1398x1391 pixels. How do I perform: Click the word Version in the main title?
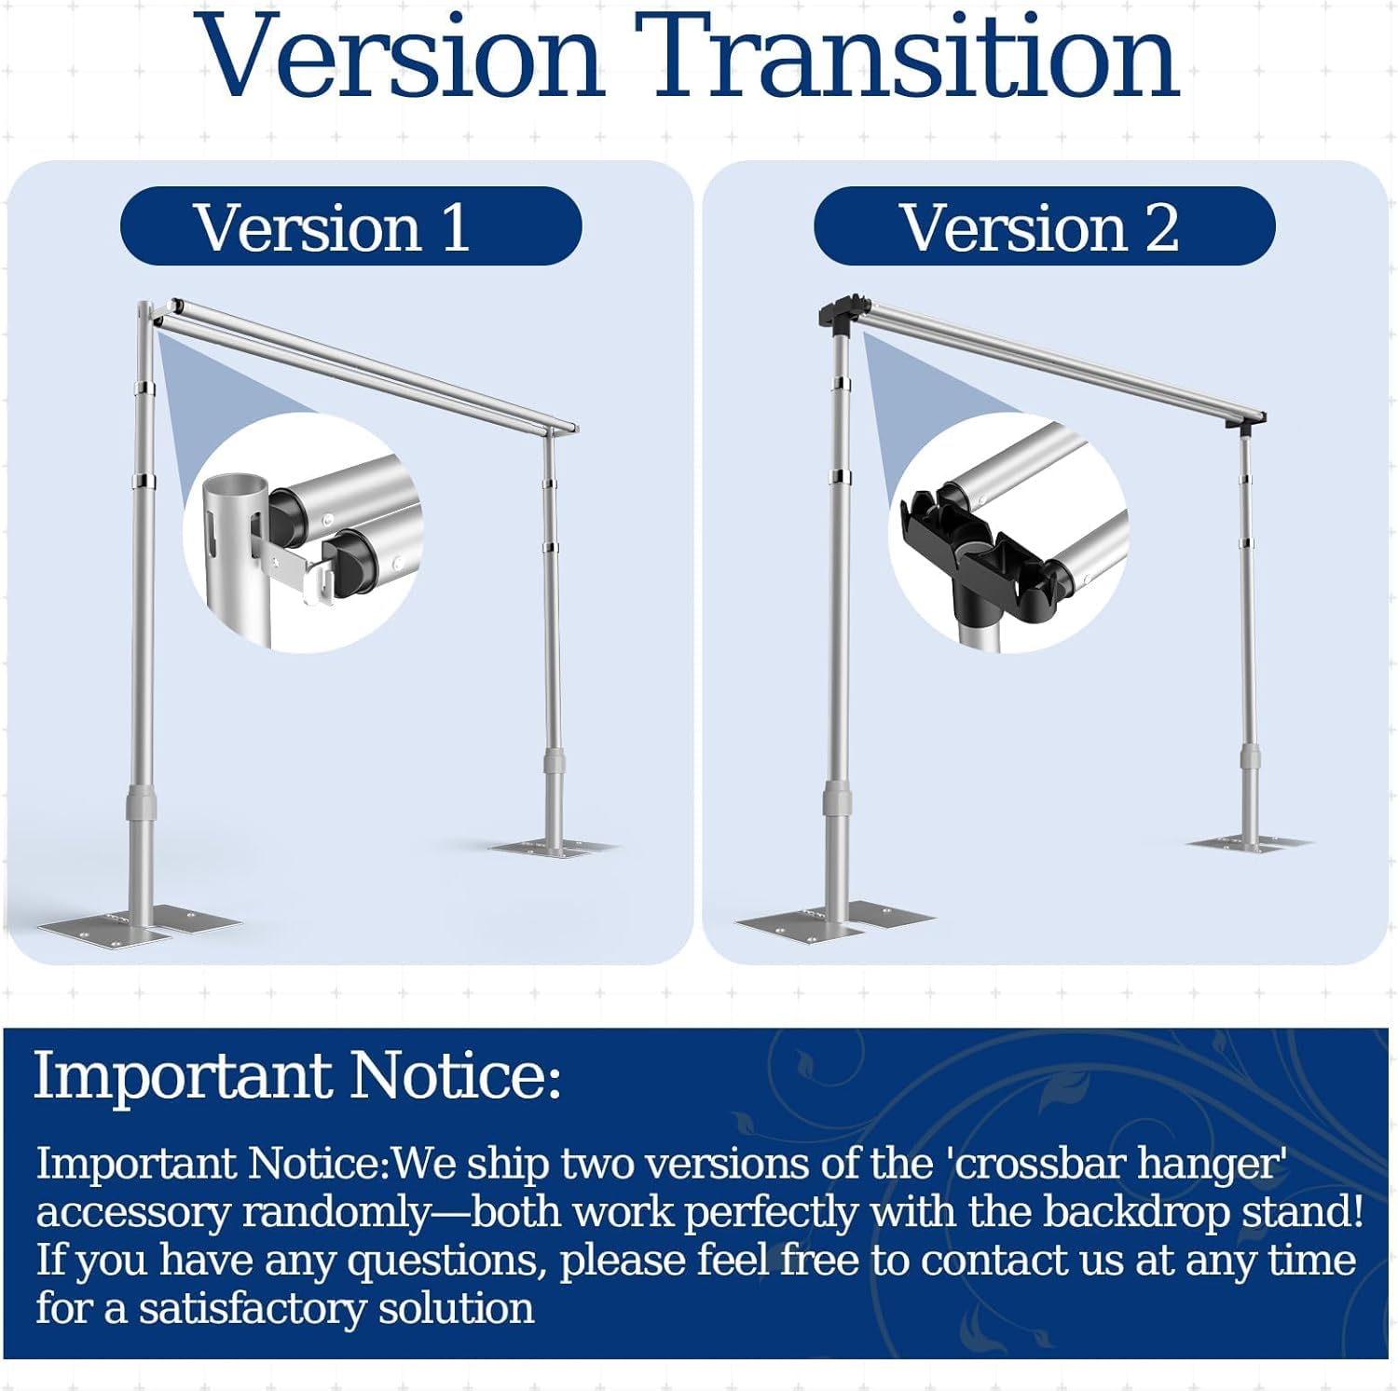click(402, 56)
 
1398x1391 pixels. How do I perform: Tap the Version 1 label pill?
click(351, 226)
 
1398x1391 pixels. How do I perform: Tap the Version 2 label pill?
click(1044, 226)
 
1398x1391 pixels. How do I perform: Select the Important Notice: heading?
click(298, 1076)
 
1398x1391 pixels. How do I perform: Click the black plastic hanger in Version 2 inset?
click(979, 559)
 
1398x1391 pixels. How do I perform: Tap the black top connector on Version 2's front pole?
click(843, 313)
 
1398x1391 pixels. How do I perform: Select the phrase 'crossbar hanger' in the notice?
click(1122, 1165)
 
